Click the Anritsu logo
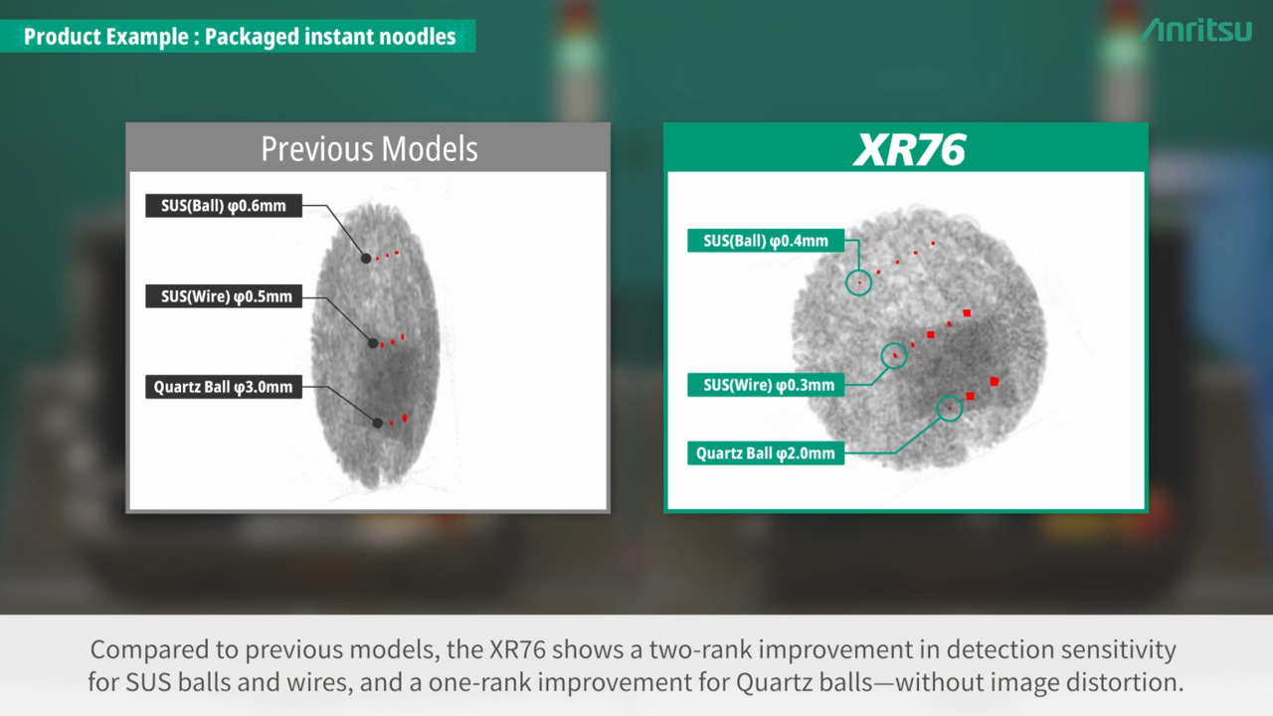1196,30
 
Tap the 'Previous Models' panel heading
369,149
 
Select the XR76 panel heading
909,149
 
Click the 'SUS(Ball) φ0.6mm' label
224,206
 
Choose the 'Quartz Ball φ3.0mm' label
224,387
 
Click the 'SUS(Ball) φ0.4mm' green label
766,241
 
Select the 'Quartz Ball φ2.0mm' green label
766,453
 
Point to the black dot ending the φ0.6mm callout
366,259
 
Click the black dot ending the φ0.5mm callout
373,343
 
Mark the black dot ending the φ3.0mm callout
377,423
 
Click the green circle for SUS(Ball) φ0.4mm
858,270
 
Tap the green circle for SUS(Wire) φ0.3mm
894,344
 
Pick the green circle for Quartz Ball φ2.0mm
949,396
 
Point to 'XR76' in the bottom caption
518,649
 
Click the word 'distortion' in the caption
1124,682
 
